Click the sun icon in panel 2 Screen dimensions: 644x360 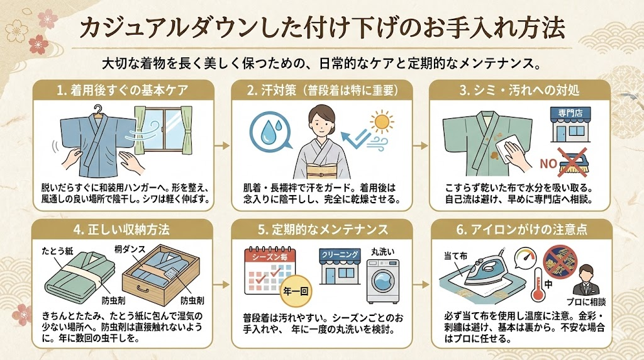382,121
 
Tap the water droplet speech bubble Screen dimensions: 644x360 270,128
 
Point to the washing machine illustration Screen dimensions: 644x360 383,281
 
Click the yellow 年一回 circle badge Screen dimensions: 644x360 296,291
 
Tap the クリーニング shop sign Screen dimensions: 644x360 340,255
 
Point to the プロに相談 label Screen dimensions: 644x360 586,303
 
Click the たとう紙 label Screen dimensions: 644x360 57,250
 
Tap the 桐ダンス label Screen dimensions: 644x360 130,249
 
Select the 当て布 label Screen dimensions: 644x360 456,256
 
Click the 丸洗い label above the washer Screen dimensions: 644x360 383,251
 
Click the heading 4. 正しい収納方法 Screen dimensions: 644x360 121,229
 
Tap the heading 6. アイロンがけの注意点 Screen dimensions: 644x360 521,229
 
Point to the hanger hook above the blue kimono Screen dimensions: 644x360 97,110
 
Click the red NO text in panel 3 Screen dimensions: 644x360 548,164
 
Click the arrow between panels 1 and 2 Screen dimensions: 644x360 222,145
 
